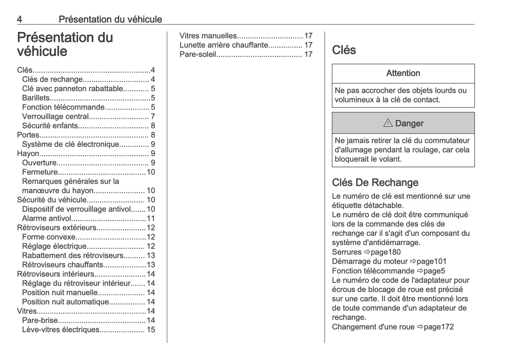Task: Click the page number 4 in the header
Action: (19, 19)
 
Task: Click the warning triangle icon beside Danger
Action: (388, 123)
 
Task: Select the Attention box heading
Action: (403, 73)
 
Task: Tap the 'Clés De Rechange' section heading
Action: (375, 182)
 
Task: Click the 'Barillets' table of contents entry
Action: (36, 98)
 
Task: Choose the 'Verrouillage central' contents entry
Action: (55, 116)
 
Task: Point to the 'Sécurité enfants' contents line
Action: (50, 126)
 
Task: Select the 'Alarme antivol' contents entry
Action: (47, 219)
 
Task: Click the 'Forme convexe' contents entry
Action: (49, 237)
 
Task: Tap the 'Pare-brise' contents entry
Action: (40, 320)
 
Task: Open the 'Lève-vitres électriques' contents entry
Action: (61, 330)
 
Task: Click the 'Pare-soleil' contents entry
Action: (198, 54)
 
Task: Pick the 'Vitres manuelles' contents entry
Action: (208, 36)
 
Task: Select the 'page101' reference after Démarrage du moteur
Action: (431, 262)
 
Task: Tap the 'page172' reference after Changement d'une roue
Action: (439, 327)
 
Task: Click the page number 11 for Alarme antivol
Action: (151, 219)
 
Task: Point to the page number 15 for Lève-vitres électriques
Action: (151, 330)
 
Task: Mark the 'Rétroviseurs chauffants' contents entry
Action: (63, 265)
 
